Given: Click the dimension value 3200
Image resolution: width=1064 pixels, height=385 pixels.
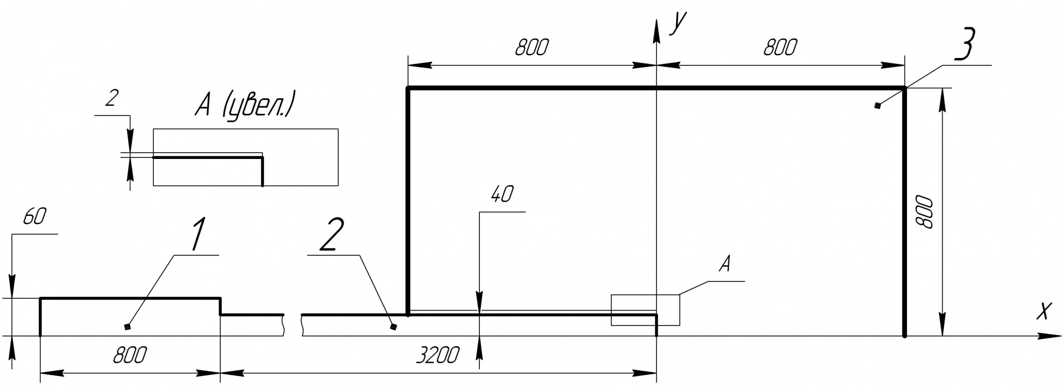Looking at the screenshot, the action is click(x=437, y=355).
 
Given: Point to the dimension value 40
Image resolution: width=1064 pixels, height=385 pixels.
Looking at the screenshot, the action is click(x=502, y=195).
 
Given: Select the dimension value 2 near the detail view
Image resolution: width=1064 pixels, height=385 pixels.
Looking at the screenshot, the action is click(x=111, y=99).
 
